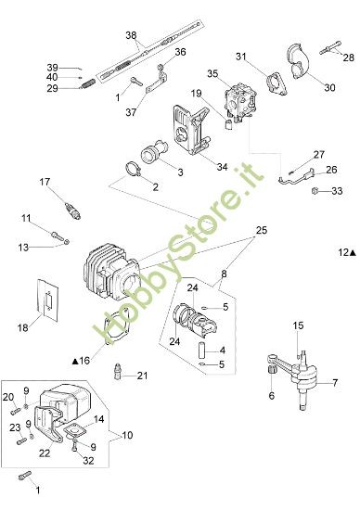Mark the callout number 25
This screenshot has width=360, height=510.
[x=261, y=229]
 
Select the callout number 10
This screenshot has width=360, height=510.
[x=126, y=434]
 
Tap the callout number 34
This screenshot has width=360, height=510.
[x=221, y=167]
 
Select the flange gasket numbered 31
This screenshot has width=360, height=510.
[x=276, y=83]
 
